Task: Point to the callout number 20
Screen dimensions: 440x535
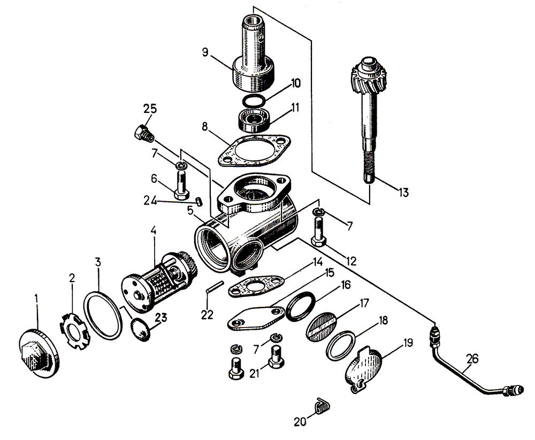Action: [x=300, y=421]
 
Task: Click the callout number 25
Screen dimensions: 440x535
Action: [x=150, y=109]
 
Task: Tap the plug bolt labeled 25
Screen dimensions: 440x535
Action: [x=142, y=133]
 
